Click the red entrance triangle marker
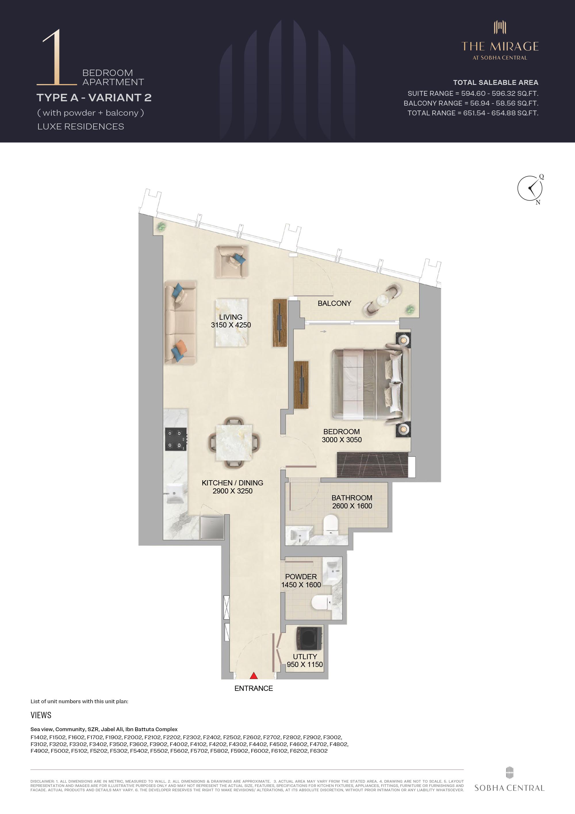[254, 675]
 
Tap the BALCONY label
[334, 304]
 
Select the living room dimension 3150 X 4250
[231, 325]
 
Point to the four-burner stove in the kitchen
[176, 439]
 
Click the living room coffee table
[232, 322]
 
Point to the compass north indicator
[538, 202]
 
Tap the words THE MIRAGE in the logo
[500, 46]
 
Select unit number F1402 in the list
[39, 737]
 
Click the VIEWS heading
[41, 715]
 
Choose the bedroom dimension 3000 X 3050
[342, 440]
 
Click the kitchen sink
[175, 493]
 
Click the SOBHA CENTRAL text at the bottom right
[509, 788]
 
